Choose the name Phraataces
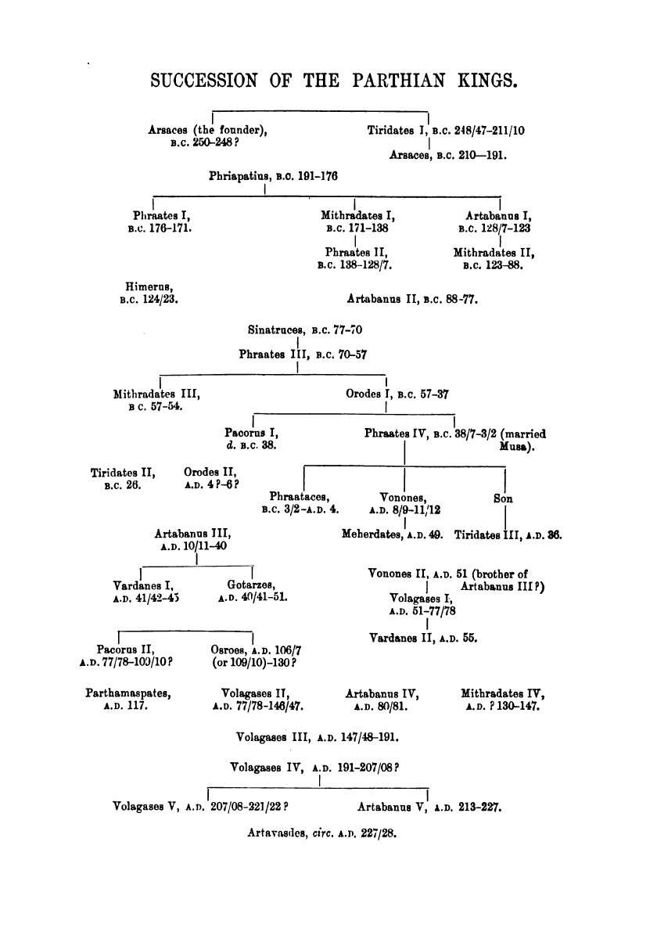coord(298,497)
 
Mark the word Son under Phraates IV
coord(503,498)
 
